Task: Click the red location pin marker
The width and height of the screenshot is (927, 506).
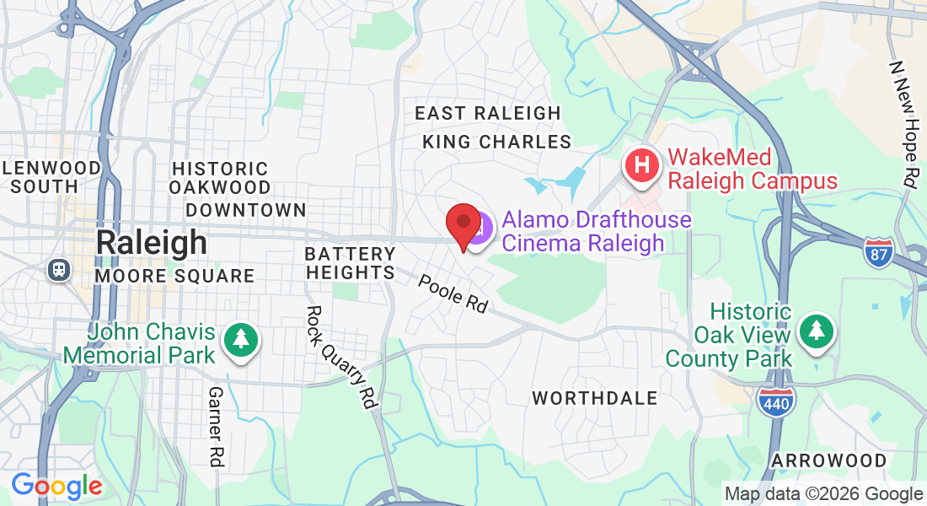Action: coord(463,223)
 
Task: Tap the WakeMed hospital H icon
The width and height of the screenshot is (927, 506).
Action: coord(642,164)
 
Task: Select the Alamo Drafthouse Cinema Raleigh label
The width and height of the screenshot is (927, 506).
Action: coord(596,232)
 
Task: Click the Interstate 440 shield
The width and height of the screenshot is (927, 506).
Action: coord(775,401)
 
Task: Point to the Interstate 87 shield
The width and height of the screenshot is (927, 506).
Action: coord(878,252)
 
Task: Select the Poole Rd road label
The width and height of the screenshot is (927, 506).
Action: coord(453,294)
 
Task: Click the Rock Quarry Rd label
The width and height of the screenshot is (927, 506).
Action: coord(340,357)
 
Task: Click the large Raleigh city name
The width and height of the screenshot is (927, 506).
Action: coord(151,242)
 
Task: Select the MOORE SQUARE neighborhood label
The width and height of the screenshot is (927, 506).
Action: coord(174,276)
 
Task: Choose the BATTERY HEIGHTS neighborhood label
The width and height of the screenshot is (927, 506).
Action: coord(351,263)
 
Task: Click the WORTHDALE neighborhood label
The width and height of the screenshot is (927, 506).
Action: coord(595,398)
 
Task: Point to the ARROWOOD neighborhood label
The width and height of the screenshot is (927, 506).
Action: coord(829,461)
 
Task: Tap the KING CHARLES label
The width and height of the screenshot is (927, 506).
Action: coord(497,142)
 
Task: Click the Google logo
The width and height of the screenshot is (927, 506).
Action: coord(56,487)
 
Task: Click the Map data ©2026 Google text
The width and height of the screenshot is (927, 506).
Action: coord(823,494)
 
